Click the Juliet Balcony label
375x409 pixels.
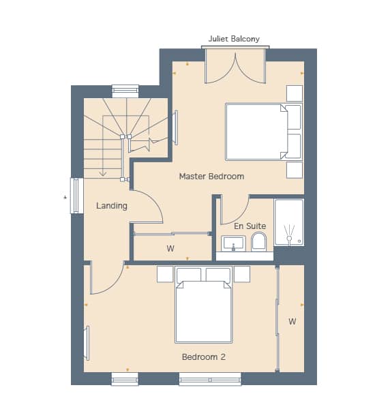coord(234,39)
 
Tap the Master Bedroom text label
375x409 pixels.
coord(211,177)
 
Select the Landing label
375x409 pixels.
coord(112,206)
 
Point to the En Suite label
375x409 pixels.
coord(250,226)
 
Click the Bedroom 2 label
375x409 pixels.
coord(204,357)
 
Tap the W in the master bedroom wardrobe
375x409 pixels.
coord(170,248)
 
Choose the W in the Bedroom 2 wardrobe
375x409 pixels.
coord(292,321)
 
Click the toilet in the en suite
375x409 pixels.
coord(259,242)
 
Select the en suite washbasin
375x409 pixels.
coord(233,243)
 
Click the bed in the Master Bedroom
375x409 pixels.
coord(264,132)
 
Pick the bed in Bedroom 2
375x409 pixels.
coord(204,305)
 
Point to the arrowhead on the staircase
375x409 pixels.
coord(103,173)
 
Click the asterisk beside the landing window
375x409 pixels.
coord(65,198)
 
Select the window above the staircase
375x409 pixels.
coord(125,91)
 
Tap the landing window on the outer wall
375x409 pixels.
coord(77,196)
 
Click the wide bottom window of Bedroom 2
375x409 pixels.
coord(210,379)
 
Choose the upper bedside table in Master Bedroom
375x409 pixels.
coord(295,93)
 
